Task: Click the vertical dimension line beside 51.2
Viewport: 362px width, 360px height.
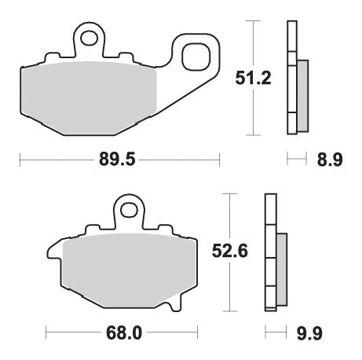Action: [253, 39]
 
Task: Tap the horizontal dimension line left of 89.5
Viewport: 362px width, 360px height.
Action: [55, 160]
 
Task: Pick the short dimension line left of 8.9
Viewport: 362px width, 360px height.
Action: [294, 160]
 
